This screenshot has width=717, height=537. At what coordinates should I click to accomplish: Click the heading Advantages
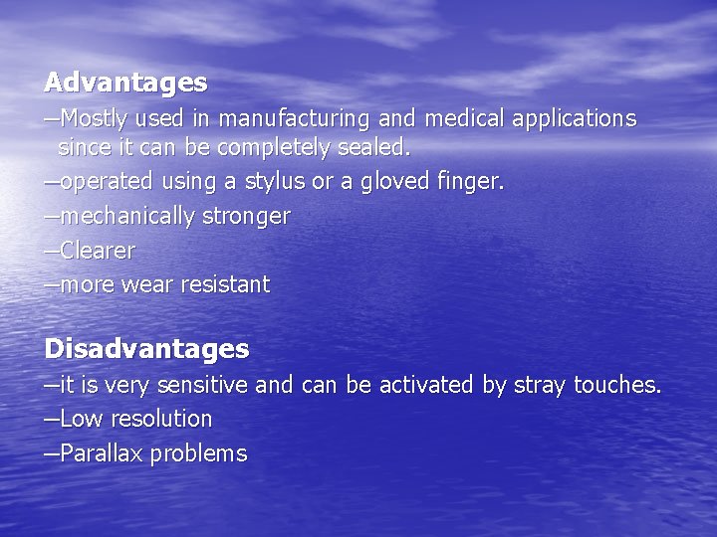(125, 81)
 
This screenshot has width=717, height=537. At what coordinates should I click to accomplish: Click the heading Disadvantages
(146, 349)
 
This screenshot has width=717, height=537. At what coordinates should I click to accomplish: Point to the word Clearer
(98, 251)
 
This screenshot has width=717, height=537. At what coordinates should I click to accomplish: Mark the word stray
(539, 385)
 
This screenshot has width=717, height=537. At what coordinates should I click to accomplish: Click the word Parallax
(98, 453)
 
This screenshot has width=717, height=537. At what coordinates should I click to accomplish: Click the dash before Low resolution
(51, 419)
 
